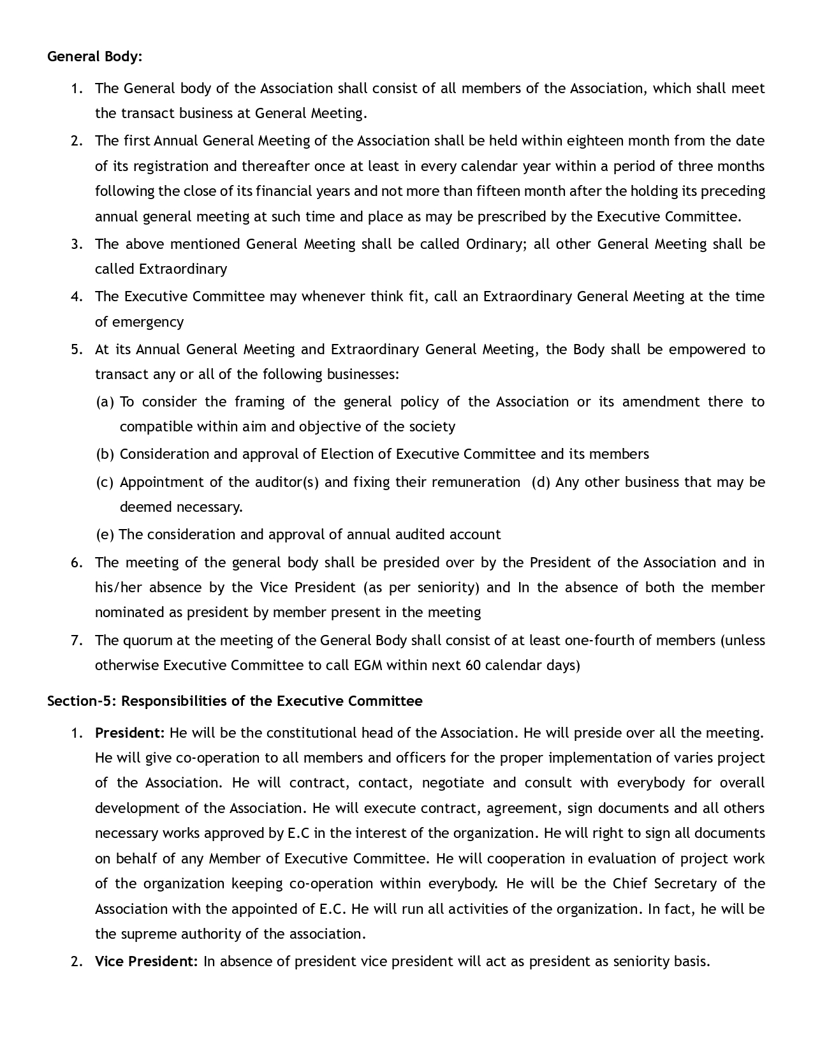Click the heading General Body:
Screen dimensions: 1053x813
tap(95, 57)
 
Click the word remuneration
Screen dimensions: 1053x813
tap(476, 482)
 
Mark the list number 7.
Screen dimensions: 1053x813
tap(77, 640)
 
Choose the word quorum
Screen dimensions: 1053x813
tap(146, 640)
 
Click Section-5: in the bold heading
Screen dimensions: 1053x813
tap(82, 701)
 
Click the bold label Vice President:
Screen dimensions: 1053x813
tap(147, 961)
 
